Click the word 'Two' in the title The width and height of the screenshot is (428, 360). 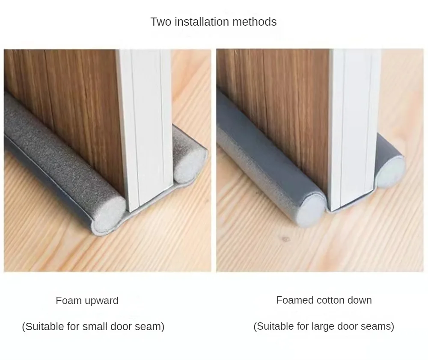[x=160, y=22]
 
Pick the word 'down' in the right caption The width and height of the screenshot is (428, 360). [x=360, y=300]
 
